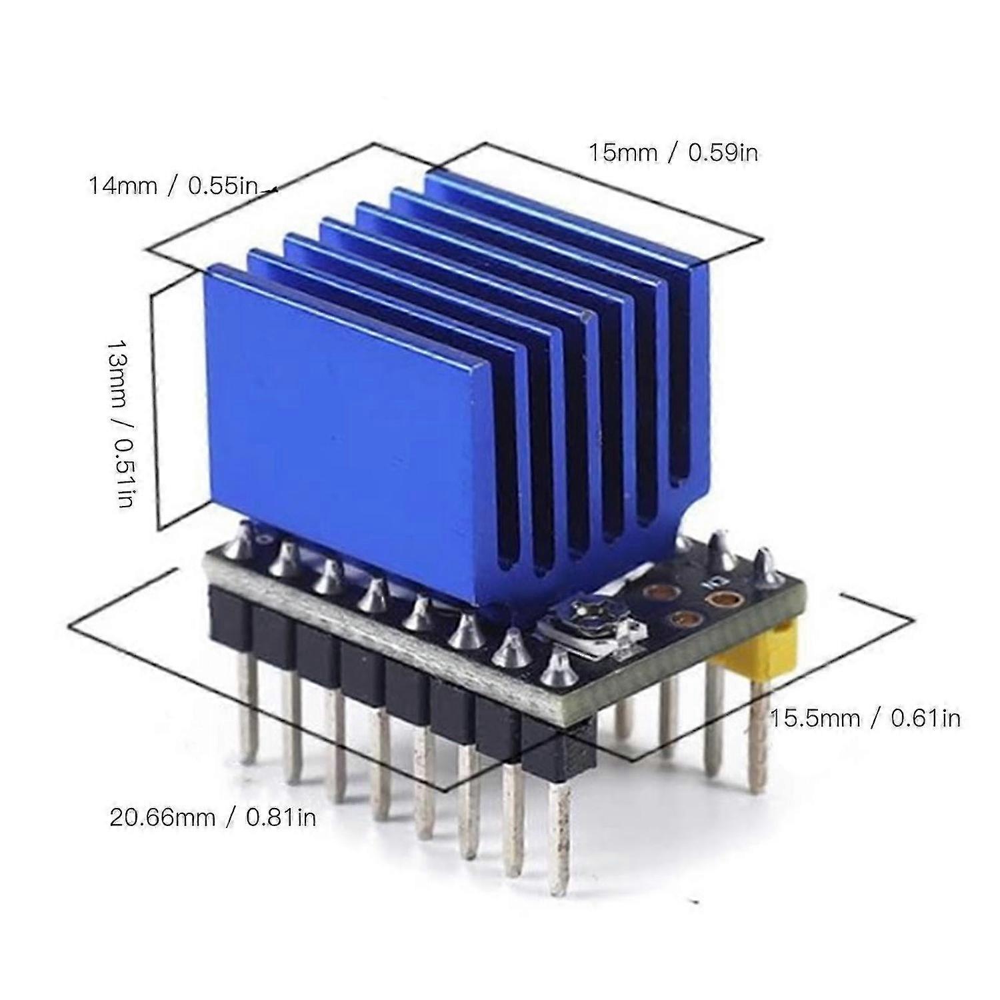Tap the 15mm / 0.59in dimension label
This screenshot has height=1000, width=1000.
(x=673, y=153)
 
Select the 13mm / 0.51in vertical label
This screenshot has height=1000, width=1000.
(x=123, y=423)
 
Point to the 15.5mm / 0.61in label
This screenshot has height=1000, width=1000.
(x=865, y=718)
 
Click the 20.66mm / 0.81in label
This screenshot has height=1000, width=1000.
(x=213, y=817)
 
